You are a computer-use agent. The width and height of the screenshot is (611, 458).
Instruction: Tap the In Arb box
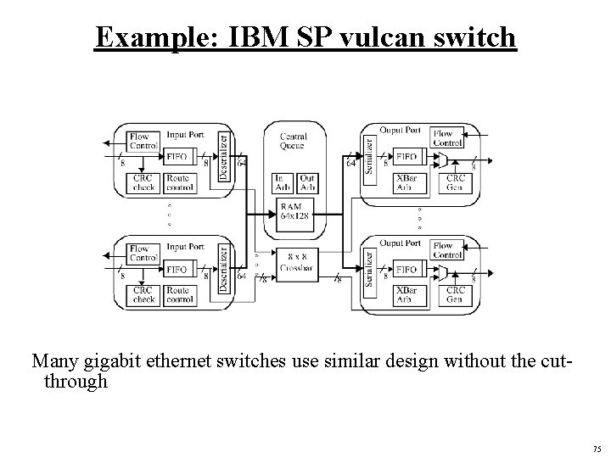coord(283,182)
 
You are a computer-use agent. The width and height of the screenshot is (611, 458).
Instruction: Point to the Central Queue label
coord(293,140)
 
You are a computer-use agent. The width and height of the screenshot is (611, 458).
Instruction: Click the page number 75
coord(597,449)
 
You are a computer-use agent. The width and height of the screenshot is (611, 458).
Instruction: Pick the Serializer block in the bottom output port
coord(369,267)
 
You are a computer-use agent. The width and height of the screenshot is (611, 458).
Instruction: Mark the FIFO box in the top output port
coord(406,156)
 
